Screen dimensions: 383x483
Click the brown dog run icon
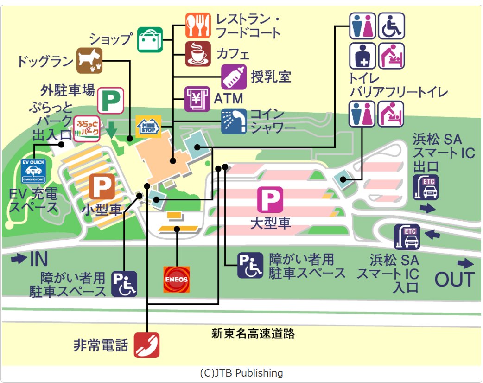click(89, 61)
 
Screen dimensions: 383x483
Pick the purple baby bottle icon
click(234, 77)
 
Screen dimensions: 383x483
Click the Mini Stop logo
click(148, 126)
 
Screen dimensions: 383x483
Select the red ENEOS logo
click(177, 279)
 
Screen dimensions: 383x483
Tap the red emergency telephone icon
click(146, 345)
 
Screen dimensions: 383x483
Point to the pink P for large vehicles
click(270, 200)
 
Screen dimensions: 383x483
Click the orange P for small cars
click(102, 187)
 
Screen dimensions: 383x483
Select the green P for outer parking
click(110, 100)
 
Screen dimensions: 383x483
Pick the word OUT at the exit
click(455, 279)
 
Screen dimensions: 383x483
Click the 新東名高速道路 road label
click(253, 333)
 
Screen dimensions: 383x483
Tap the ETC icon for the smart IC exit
click(426, 187)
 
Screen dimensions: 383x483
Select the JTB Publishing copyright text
click(241, 373)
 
